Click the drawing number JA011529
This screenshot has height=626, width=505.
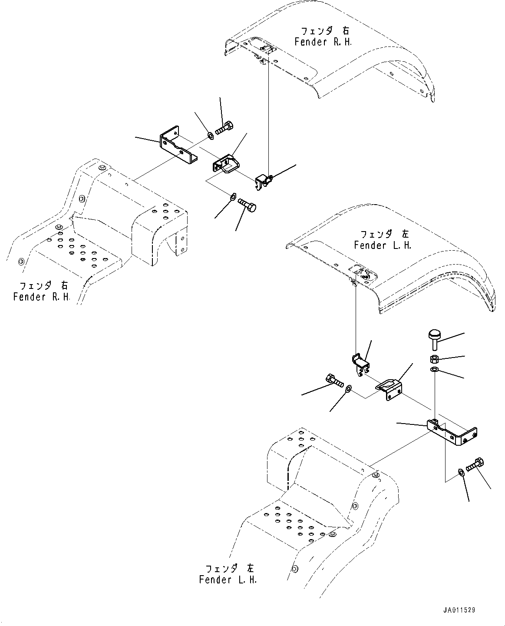pyautogui.click(x=459, y=610)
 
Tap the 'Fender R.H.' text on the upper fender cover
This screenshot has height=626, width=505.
pyautogui.click(x=323, y=42)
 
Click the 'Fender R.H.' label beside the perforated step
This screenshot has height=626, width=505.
pyautogui.click(x=41, y=297)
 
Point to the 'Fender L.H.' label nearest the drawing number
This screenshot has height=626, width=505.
pyautogui.click(x=228, y=580)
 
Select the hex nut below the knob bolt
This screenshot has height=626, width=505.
pyautogui.click(x=434, y=359)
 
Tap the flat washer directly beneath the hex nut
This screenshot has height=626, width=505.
pyautogui.click(x=434, y=370)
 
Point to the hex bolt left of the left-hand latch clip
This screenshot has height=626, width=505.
pyautogui.click(x=333, y=381)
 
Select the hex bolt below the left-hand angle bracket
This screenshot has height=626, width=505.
pyautogui.click(x=475, y=465)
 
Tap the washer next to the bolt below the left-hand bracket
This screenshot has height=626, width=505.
pyautogui.click(x=462, y=473)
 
